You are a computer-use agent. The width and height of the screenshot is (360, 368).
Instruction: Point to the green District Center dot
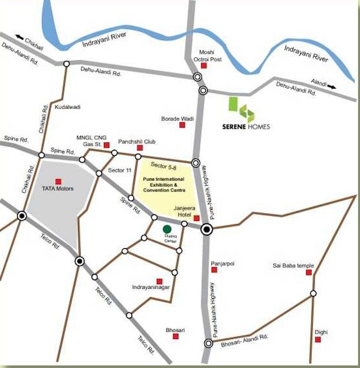pos(167,229)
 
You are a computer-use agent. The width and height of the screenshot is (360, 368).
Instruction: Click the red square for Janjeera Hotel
pos(197,218)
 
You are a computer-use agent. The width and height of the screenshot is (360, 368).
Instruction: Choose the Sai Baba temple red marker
pos(313,275)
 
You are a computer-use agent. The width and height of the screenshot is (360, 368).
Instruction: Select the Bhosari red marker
pos(175,337)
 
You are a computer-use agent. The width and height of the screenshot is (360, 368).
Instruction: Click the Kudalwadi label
pos(67,107)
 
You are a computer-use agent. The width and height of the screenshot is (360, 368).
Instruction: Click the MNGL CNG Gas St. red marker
pos(107,144)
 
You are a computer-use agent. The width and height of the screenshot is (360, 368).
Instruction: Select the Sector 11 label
pos(120,171)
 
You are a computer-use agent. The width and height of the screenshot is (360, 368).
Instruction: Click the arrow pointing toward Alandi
pos(332,87)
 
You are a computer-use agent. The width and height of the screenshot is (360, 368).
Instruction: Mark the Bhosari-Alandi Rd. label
pos(245,337)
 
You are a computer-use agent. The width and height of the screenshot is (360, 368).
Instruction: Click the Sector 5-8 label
pos(163,165)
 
